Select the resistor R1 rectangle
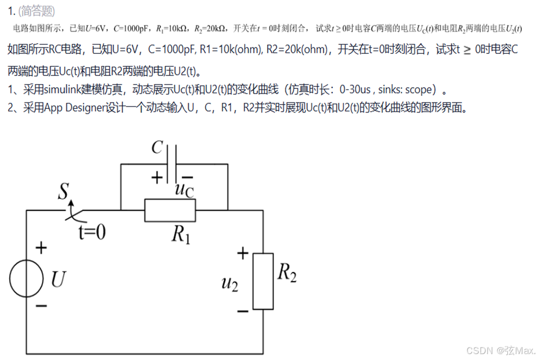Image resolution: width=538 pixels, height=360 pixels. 170,210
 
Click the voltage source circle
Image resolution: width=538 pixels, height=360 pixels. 26,280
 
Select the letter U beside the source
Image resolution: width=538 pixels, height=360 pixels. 58,279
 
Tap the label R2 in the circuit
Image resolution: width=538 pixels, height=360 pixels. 287,273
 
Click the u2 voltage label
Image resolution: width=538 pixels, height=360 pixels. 229,282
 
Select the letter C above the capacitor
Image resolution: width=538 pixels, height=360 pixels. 157,147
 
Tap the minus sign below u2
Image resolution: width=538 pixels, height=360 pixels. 243,311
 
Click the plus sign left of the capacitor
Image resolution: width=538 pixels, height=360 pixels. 157,178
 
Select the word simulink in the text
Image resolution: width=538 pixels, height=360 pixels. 61,89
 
